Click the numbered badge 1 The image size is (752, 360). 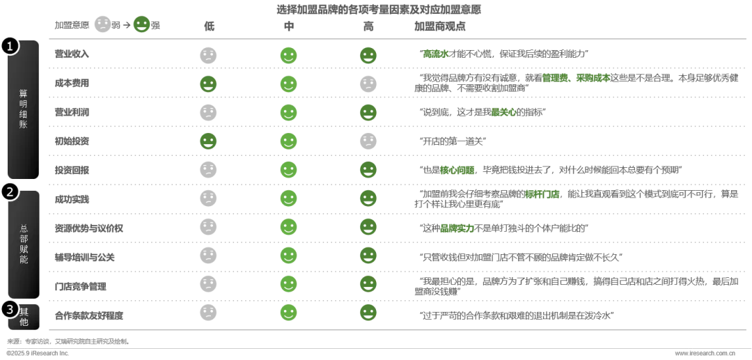pyautogui.click(x=10, y=46)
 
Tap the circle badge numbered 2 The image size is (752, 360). pyautogui.click(x=10, y=191)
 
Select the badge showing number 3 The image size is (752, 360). pyautogui.click(x=10, y=308)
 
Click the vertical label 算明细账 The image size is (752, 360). pyautogui.click(x=23, y=109)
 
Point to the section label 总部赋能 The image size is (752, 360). pyautogui.click(x=23, y=244)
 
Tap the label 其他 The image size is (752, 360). pyautogui.click(x=24, y=317)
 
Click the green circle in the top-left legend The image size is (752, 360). pyautogui.click(x=141, y=24)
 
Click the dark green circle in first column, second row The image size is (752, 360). pyautogui.click(x=208, y=84)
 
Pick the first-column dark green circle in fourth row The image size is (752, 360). pyautogui.click(x=208, y=141)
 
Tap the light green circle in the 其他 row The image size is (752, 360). pyautogui.click(x=288, y=313)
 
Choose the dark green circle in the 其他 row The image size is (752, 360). pyautogui.click(x=368, y=313)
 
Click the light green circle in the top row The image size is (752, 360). pyautogui.click(x=288, y=56)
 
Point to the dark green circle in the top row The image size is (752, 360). pyautogui.click(x=368, y=56)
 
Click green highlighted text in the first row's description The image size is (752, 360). pyautogui.click(x=436, y=54)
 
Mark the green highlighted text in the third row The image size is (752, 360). pyautogui.click(x=503, y=111)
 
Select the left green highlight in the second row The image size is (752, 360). pyautogui.click(x=555, y=78)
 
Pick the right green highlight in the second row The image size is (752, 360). pyautogui.click(x=593, y=78)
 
